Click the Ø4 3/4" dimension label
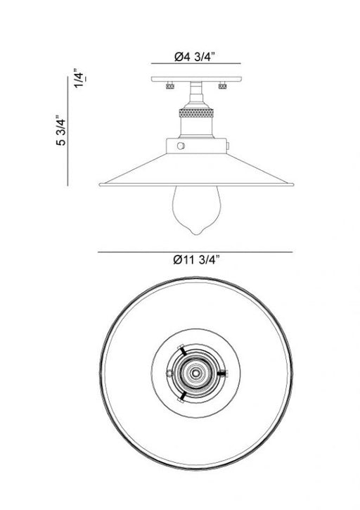point(195,57)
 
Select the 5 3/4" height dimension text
point(61,129)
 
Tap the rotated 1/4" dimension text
point(79,78)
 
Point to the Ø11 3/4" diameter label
point(197,260)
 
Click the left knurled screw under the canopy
point(170,86)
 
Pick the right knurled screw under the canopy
point(222,86)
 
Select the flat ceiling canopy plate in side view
point(196,79)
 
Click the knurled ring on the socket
point(196,113)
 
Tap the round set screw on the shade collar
point(181,146)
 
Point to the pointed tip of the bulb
point(195,234)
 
